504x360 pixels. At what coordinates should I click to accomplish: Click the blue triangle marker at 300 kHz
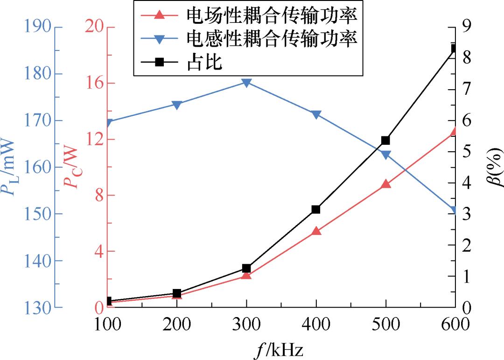[246, 83]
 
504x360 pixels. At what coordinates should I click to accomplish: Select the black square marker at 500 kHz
[385, 140]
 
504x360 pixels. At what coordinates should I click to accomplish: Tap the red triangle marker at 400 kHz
[316, 231]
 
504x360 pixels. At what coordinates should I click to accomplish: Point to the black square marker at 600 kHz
[454, 49]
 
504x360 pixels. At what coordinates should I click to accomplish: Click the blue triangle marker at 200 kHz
[177, 105]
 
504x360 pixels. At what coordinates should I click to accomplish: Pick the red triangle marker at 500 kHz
[385, 184]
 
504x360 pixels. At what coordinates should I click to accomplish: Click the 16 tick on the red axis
[94, 83]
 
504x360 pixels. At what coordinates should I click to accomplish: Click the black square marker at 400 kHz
[316, 209]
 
